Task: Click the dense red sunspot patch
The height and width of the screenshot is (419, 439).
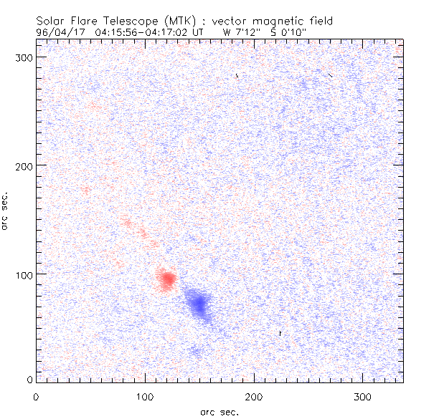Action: click(167, 279)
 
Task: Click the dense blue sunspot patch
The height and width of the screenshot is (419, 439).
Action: click(197, 304)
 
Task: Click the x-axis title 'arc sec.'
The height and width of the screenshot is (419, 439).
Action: click(219, 412)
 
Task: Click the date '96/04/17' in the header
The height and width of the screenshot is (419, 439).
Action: click(57, 32)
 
